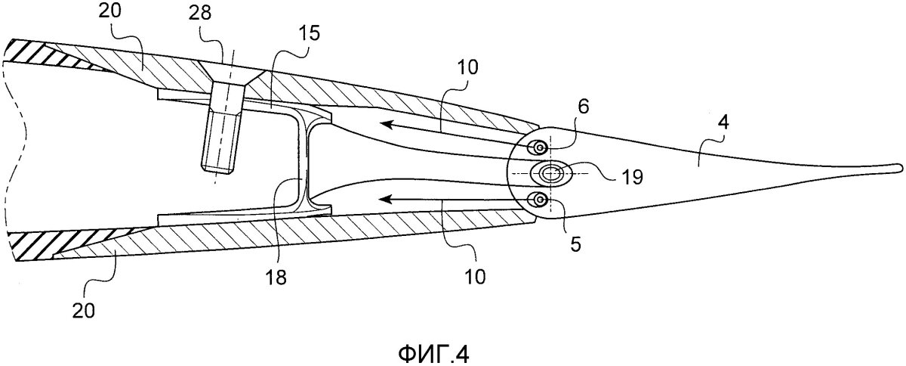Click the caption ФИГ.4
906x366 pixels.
(433, 354)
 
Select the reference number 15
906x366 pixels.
(308, 33)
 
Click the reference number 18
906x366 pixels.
(276, 278)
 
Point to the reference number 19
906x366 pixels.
(631, 177)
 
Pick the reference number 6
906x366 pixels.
(583, 106)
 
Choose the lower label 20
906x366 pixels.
(84, 311)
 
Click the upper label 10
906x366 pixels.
(467, 67)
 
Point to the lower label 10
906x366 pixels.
(474, 277)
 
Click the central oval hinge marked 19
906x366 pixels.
(551, 173)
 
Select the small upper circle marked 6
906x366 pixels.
(540, 148)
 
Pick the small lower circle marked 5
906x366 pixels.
(540, 200)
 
